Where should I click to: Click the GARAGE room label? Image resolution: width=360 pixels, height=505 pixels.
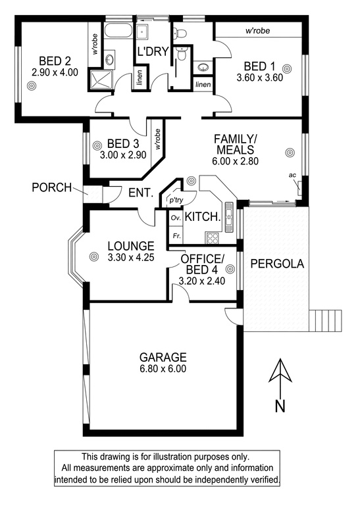pos(163,357)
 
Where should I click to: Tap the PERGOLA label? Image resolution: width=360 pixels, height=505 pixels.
pos(277,264)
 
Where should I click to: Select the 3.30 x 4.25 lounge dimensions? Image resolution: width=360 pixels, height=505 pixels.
pos(131,257)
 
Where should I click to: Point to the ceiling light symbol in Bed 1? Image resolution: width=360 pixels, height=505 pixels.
pos(287,68)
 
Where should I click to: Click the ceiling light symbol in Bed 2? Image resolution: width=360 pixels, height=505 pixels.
pos(32,85)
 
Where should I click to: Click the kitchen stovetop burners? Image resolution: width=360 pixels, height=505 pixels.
pos(212,237)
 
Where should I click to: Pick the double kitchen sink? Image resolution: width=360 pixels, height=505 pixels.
pos(229,218)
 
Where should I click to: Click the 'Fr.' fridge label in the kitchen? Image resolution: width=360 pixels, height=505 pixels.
pos(176,236)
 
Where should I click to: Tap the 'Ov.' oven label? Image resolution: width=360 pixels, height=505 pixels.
pos(176,218)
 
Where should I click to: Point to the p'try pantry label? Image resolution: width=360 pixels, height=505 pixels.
pos(176,201)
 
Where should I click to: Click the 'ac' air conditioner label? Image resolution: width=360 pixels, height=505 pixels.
pos(293,175)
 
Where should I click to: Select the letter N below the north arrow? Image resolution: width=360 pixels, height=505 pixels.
pos(280,406)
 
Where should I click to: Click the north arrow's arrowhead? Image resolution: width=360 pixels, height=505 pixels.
pos(281,370)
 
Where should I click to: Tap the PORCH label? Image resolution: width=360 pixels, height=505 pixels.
pos(51,187)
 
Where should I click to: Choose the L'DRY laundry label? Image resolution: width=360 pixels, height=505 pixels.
pos(153,51)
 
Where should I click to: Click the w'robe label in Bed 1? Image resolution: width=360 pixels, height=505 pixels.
pos(257,31)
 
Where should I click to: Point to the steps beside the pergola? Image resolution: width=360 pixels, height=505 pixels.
pos(325,321)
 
